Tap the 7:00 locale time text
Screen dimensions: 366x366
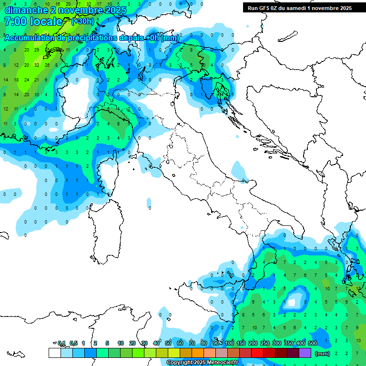pyautogui.click(x=32, y=21)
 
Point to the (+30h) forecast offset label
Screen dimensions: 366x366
pyautogui.click(x=82, y=21)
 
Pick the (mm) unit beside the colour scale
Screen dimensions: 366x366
pyautogui.click(x=323, y=354)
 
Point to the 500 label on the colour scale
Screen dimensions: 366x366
pyautogui.click(x=313, y=343)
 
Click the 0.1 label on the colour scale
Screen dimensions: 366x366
pyautogui.click(x=61, y=343)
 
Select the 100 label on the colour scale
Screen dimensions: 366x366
pyautogui.click(x=229, y=343)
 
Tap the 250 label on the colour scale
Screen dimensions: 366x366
pyautogui.click(x=265, y=343)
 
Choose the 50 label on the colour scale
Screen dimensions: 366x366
pyautogui.click(x=168, y=343)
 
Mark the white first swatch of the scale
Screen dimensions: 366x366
pyautogui.click(x=54, y=353)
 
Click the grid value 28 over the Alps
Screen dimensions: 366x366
pyautogui.click(x=47, y=65)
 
